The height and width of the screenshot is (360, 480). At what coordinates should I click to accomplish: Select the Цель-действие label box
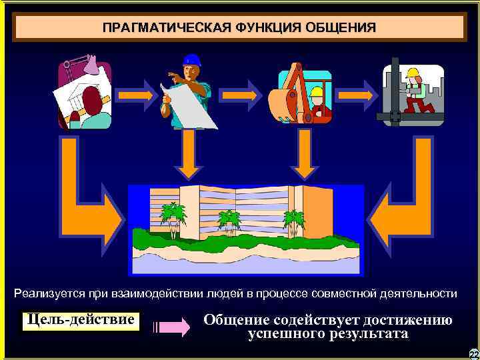click(82, 321)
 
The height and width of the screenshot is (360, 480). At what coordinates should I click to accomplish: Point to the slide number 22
click(474, 354)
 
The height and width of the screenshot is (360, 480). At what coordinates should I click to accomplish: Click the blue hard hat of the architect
click(192, 60)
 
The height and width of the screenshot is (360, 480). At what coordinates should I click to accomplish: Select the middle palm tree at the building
click(229, 219)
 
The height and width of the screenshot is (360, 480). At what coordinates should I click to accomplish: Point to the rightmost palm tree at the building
click(293, 219)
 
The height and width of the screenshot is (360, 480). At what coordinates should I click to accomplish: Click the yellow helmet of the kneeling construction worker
click(413, 73)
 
